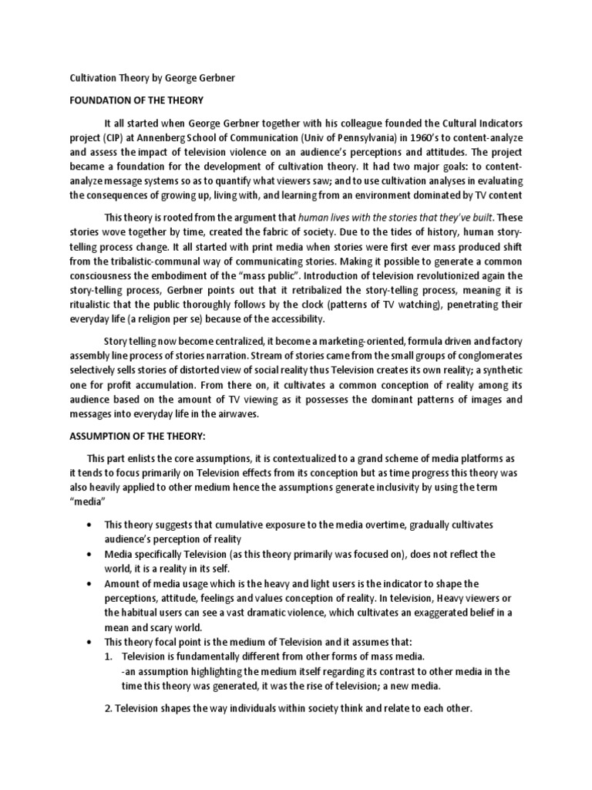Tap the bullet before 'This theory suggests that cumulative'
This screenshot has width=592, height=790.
point(93,525)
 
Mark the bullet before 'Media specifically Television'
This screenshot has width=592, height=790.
point(93,555)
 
